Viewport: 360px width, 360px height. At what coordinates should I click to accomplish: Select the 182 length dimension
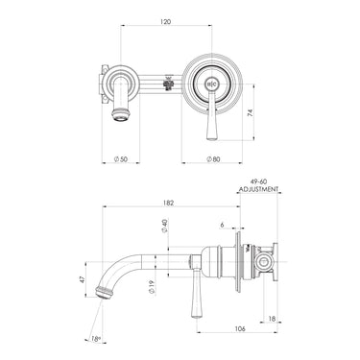pos(169,204)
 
